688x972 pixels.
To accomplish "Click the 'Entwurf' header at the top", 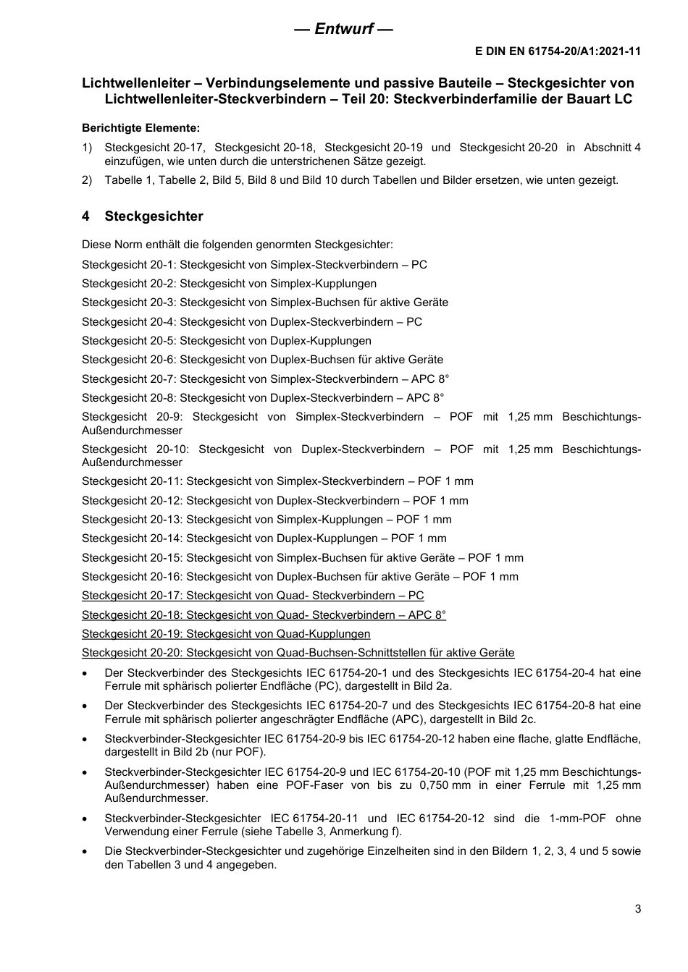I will pyautogui.click(x=343, y=29).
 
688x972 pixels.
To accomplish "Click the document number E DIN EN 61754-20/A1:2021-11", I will pyautogui.click(x=558, y=51).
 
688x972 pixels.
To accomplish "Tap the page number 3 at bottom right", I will pyautogui.click(x=637, y=909).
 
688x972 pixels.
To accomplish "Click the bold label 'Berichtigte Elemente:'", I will pyautogui.click(x=140, y=128).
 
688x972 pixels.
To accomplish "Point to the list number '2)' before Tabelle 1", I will pyautogui.click(x=87, y=180).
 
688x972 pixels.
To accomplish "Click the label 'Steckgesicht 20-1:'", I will pyautogui.click(x=129, y=265).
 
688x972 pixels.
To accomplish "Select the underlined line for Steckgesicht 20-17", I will pyautogui.click(x=253, y=596).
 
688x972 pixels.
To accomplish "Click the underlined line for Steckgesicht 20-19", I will pyautogui.click(x=226, y=634).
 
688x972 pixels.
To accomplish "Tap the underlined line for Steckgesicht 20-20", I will pyautogui.click(x=298, y=653).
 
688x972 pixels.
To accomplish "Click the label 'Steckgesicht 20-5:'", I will pyautogui.click(x=129, y=341).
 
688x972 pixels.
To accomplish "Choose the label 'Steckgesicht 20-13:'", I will pyautogui.click(x=133, y=520).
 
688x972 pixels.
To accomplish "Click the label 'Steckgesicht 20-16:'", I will pyautogui.click(x=133, y=577).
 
